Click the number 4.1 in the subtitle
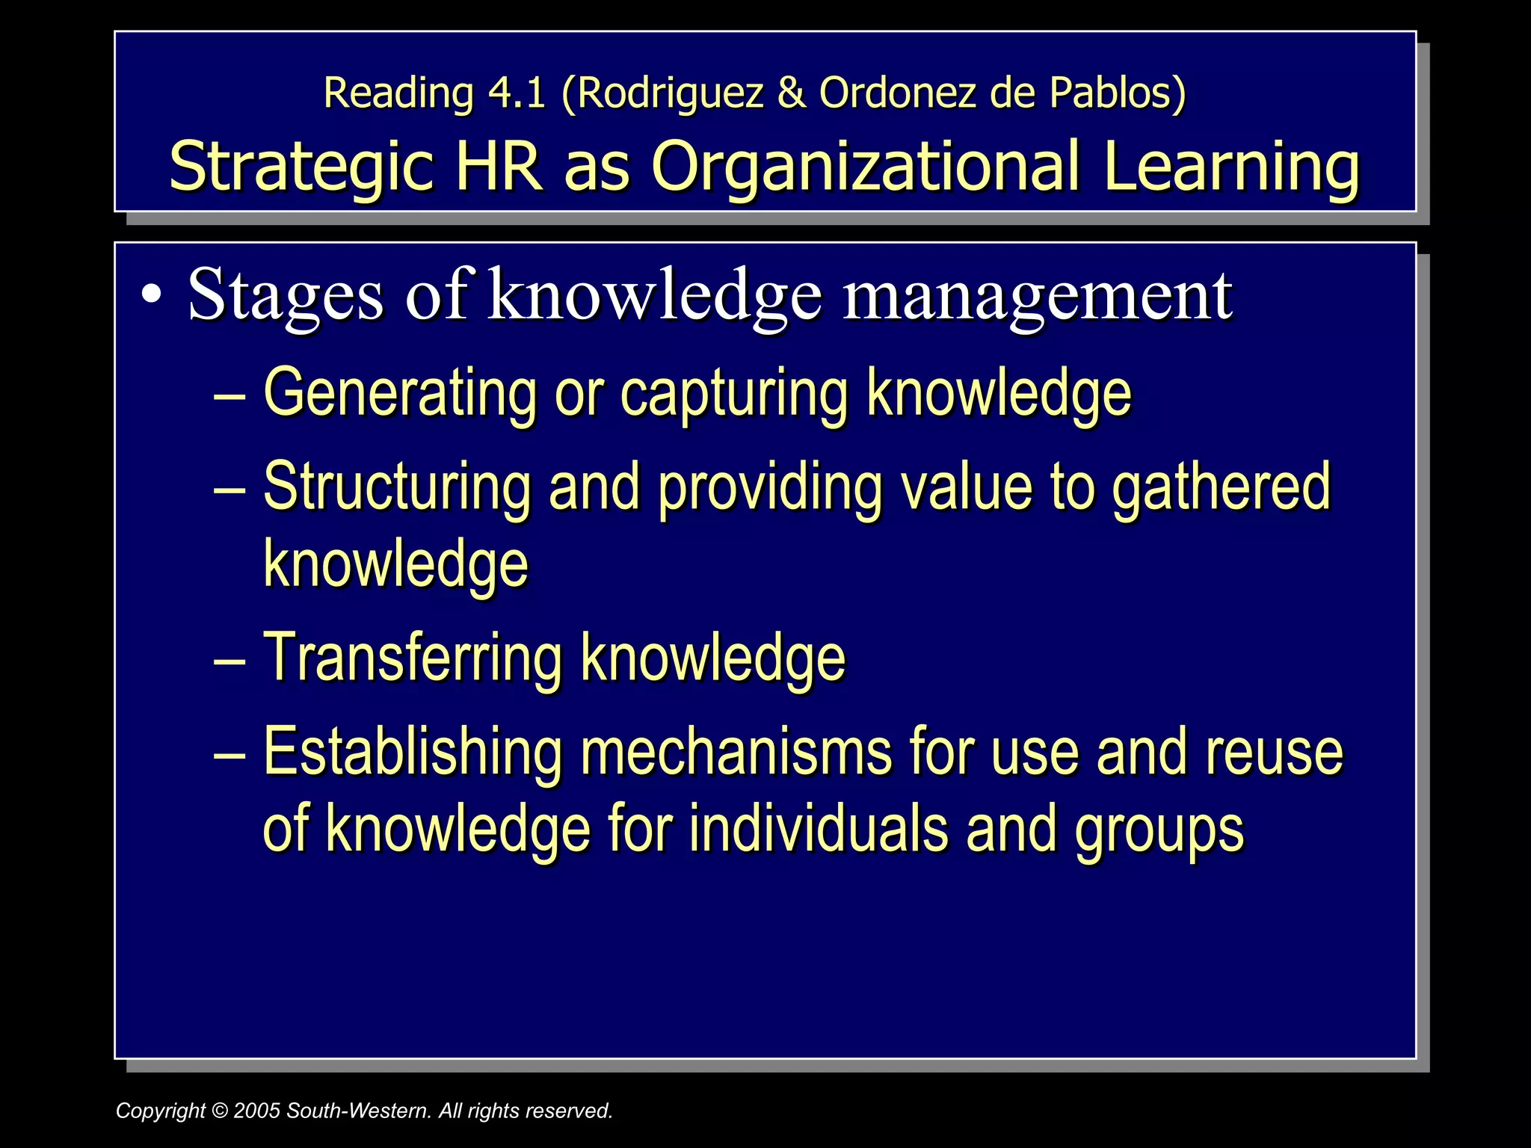tap(517, 93)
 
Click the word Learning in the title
tap(1230, 166)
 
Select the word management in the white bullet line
tap(1038, 296)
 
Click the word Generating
tap(400, 393)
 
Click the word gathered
tap(1221, 487)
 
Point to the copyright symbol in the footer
tap(219, 1111)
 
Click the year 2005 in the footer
tap(256, 1111)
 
